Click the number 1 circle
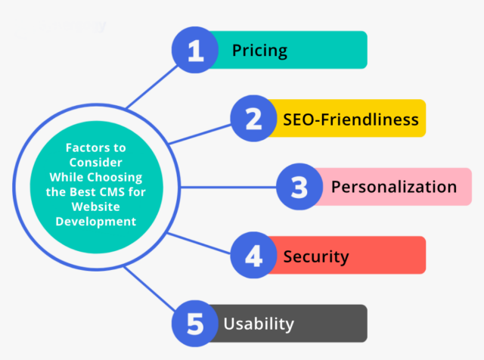[196, 51]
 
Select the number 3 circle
[298, 187]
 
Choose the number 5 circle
[196, 324]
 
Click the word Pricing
[259, 51]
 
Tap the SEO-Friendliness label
[351, 119]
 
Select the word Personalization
[393, 187]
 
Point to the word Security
[316, 256]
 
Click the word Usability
[259, 324]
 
